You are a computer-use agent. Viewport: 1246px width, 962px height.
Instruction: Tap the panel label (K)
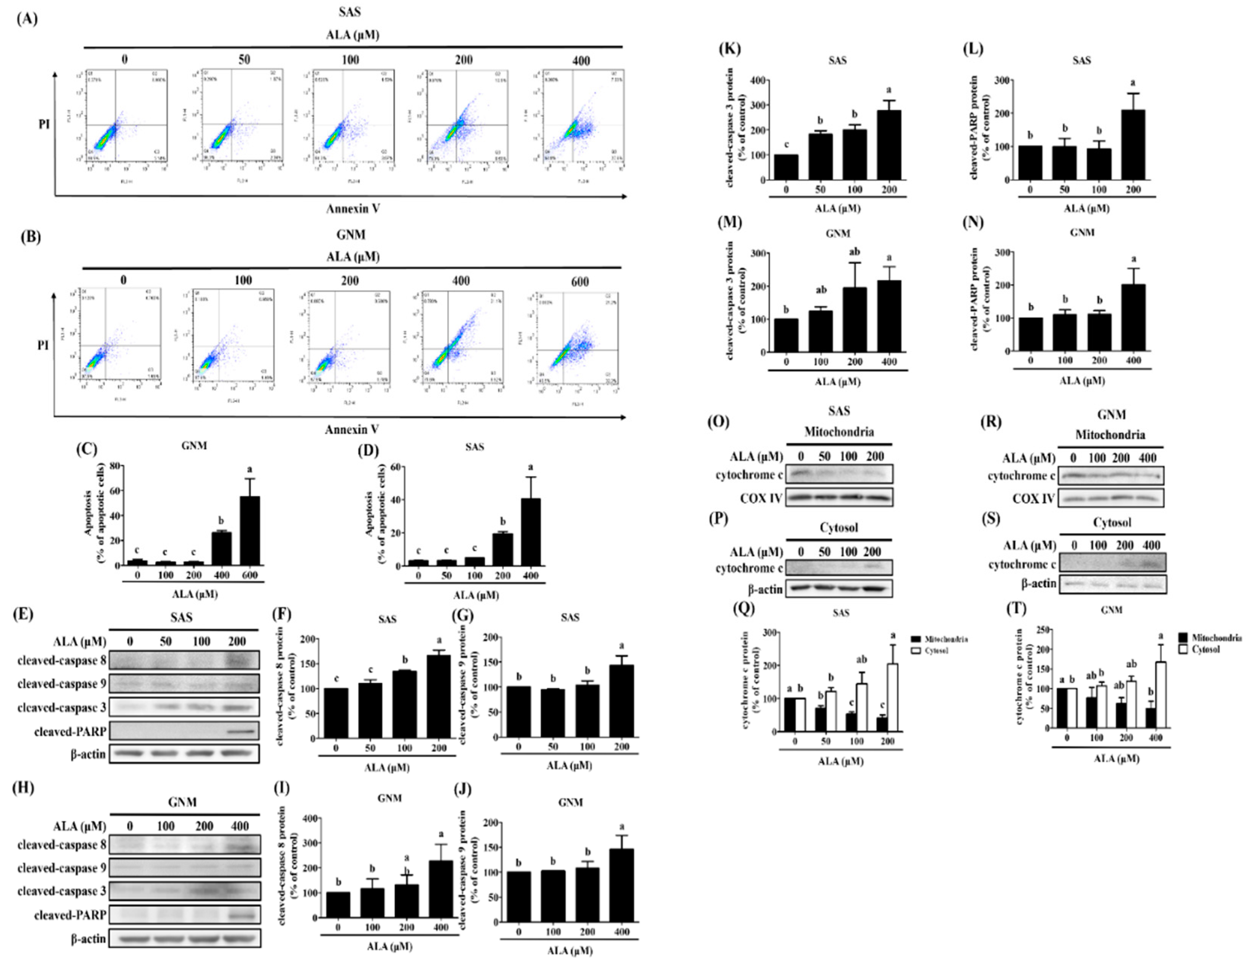(x=731, y=49)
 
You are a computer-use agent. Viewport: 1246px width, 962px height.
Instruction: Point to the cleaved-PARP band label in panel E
(x=70, y=731)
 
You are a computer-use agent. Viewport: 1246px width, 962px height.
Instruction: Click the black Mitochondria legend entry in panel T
(x=1208, y=638)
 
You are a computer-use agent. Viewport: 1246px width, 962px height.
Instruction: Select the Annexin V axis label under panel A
(x=353, y=209)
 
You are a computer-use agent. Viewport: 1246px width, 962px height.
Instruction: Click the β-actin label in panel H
(x=88, y=938)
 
